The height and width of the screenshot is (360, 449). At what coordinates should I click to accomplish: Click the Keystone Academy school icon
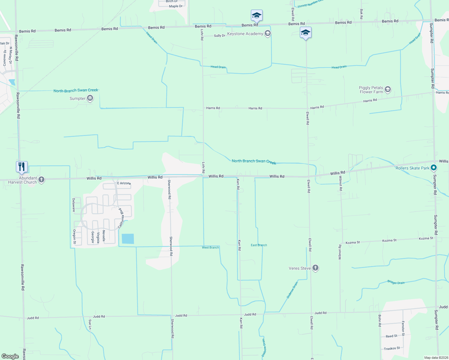click(268, 34)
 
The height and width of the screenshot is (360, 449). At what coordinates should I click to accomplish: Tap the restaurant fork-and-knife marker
click(22, 167)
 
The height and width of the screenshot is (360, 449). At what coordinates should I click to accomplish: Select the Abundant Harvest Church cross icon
click(41, 180)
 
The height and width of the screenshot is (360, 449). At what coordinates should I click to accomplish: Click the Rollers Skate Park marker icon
click(433, 168)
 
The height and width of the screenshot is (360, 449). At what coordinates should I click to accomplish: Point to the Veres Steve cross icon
click(315, 268)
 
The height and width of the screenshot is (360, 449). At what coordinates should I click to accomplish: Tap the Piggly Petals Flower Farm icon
click(388, 89)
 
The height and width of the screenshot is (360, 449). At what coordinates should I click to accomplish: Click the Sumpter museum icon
click(90, 98)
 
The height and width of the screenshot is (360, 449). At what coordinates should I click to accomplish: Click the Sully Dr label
click(219, 36)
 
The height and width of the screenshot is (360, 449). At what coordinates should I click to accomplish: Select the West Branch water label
click(210, 247)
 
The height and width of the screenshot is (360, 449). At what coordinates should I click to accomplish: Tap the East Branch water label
click(259, 245)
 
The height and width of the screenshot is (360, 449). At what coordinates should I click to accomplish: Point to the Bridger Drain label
click(396, 282)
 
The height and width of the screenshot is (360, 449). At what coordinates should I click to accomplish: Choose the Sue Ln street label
click(90, 324)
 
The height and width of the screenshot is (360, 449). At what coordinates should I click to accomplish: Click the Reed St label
click(391, 336)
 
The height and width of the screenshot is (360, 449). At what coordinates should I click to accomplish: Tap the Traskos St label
click(392, 349)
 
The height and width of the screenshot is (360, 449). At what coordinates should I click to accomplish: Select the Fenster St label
click(403, 328)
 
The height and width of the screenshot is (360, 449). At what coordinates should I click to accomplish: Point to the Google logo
click(10, 356)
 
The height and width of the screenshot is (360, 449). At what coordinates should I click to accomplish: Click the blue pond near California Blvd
click(128, 239)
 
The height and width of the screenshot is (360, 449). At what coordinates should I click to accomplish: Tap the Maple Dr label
click(176, 6)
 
